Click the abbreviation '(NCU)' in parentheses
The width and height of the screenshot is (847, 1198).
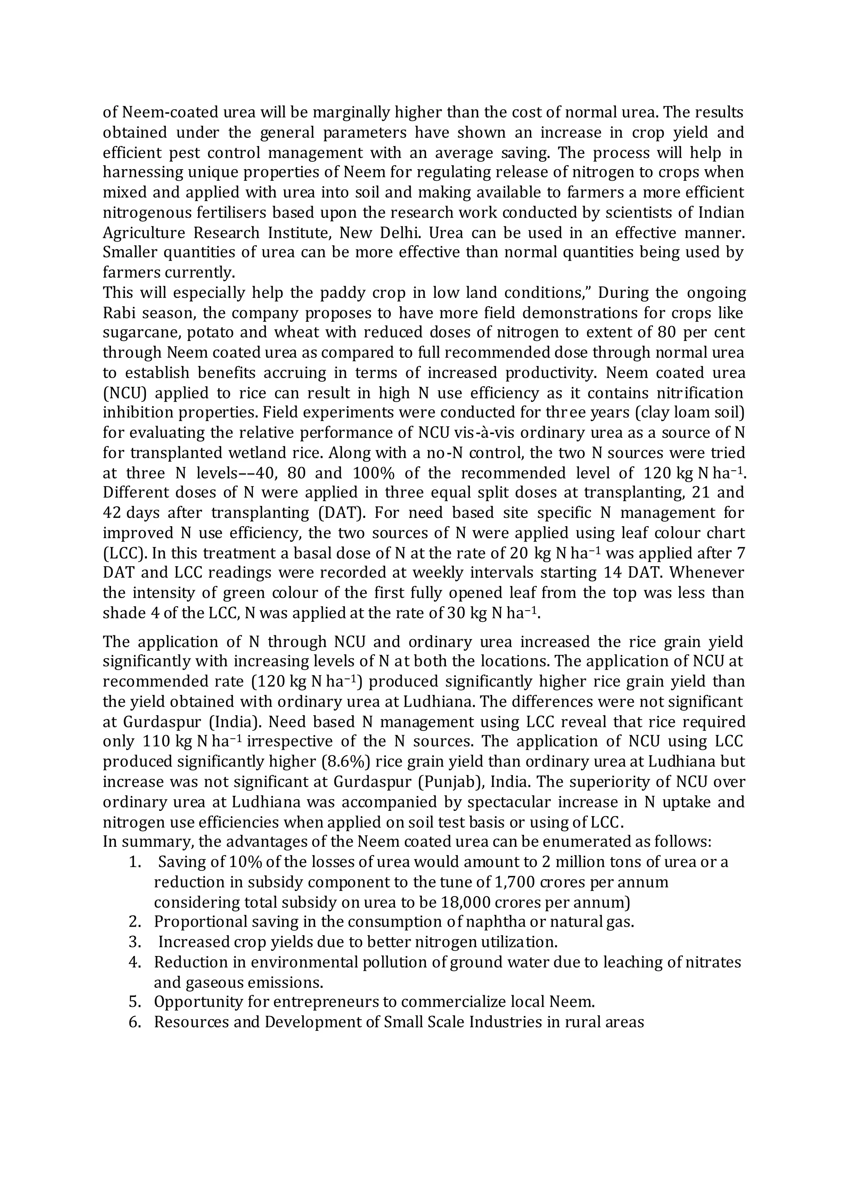tap(122, 393)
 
